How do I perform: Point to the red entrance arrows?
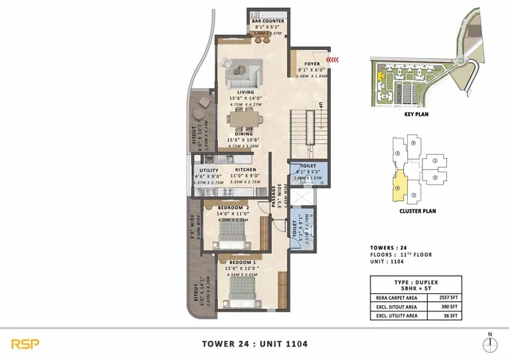pyautogui.click(x=338, y=57)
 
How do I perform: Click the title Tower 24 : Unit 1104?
pyautogui.click(x=254, y=343)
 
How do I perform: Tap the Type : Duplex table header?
pyautogui.click(x=427, y=285)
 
